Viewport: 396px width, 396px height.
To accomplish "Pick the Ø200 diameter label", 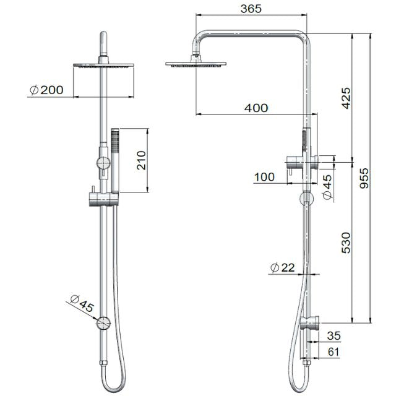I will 46,90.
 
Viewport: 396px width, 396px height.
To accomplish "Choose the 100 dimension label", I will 264,177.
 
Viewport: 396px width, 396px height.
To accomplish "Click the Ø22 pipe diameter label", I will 282,267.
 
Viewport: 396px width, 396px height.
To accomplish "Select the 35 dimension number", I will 334,337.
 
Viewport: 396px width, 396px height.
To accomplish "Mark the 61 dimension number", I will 334,352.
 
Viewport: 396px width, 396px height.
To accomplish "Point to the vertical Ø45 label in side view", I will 327,187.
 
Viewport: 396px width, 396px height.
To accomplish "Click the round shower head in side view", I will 197,62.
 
